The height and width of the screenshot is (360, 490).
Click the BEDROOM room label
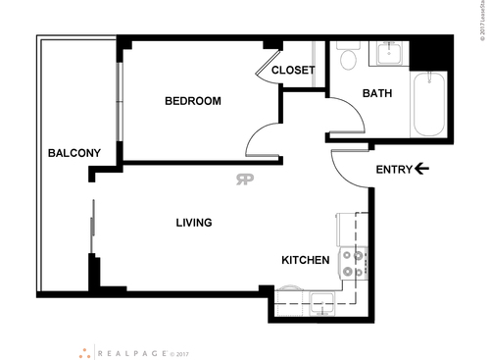192,101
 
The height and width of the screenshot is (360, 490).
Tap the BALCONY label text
74,153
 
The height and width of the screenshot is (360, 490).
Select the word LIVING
194,223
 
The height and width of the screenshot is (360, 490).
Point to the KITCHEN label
305,260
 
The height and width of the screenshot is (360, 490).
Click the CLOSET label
293,70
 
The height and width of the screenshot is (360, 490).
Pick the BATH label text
377,94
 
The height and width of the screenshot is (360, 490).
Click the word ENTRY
394,170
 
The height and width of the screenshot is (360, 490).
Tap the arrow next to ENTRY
422,170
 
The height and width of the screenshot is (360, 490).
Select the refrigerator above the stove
351,229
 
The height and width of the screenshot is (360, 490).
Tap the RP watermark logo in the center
243,179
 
